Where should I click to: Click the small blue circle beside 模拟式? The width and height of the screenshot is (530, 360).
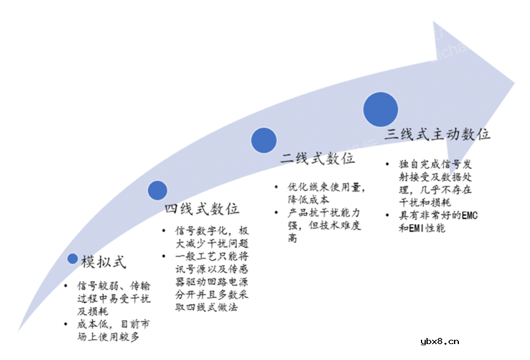pos(72,259)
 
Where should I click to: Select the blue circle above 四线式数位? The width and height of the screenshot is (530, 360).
pos(157,190)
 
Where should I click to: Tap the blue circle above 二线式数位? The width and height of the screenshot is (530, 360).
pos(263,140)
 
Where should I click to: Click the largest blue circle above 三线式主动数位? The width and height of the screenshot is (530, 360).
pos(382,110)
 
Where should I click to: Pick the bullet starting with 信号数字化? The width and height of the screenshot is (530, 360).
pos(205,236)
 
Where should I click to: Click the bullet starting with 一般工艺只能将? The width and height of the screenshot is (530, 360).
pos(205,280)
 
